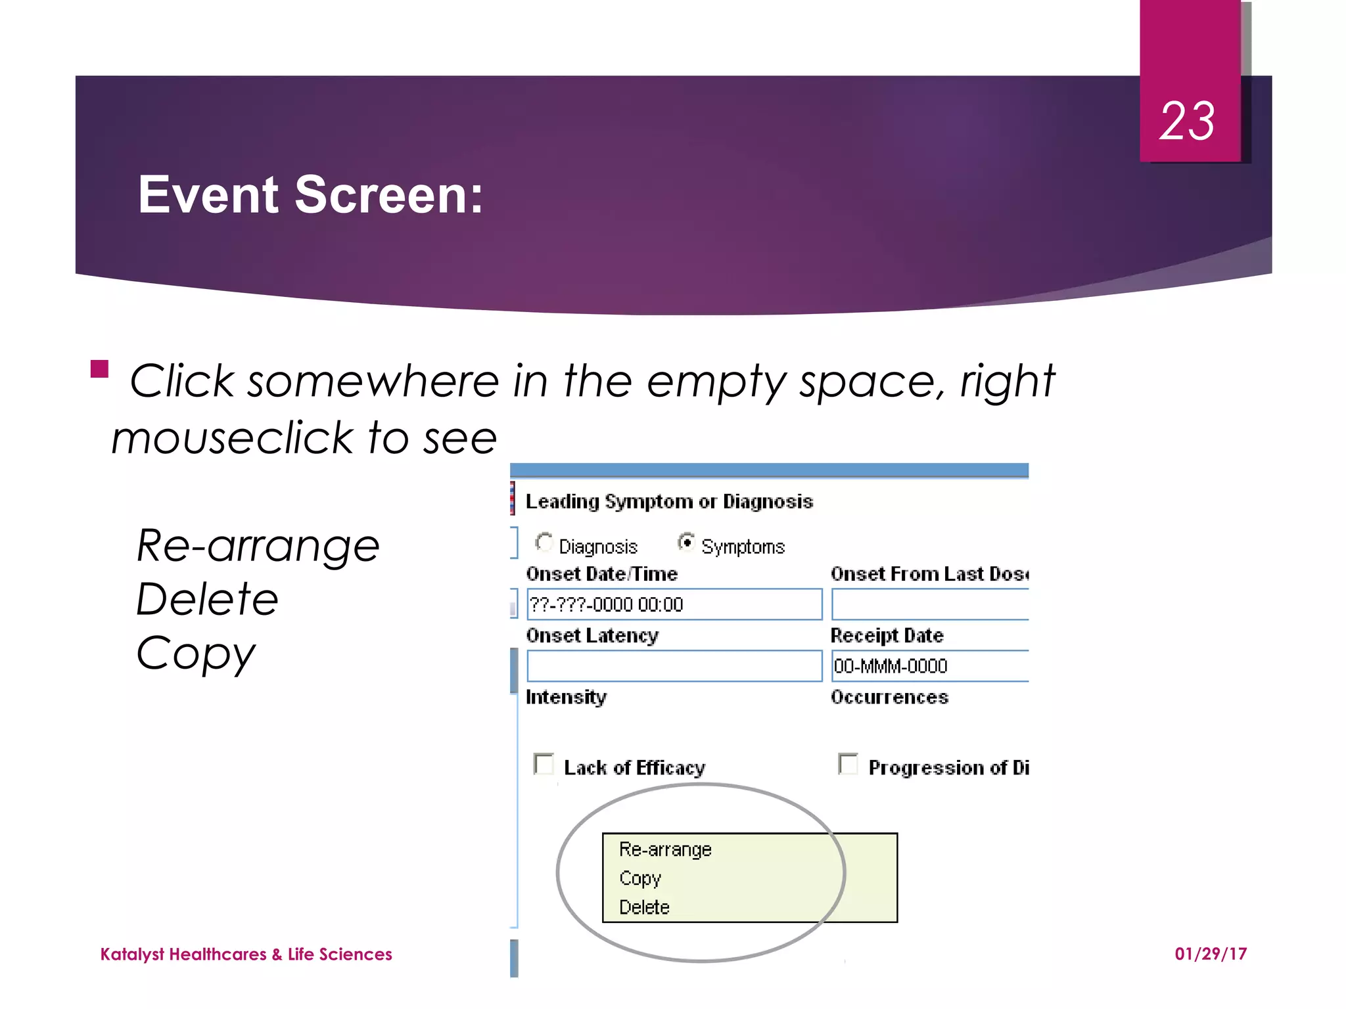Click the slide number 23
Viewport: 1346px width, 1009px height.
click(x=1187, y=122)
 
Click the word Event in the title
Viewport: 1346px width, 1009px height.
click(x=209, y=195)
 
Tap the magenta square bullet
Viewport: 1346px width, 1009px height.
click(x=99, y=369)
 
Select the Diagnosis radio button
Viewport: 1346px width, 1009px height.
click(x=544, y=543)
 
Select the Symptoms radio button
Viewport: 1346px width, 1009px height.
click(x=686, y=543)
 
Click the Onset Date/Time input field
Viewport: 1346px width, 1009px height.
click(x=674, y=604)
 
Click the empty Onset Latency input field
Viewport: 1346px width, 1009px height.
click(x=674, y=666)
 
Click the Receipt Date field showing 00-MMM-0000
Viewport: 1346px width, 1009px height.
click(x=928, y=666)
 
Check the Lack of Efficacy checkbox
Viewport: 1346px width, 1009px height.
click(x=544, y=764)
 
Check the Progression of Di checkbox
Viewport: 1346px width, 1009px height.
click(x=848, y=764)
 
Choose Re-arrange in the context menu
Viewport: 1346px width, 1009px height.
click(x=665, y=849)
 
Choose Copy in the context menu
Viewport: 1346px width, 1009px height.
click(x=639, y=878)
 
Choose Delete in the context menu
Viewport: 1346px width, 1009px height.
click(x=644, y=907)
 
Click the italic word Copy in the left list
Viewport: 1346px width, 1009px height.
click(x=195, y=654)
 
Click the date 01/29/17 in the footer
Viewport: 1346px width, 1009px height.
click(x=1211, y=954)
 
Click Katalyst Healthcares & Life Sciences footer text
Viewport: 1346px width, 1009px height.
click(x=246, y=954)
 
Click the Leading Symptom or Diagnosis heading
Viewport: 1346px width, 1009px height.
click(x=669, y=502)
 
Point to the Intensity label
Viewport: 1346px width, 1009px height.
click(x=566, y=697)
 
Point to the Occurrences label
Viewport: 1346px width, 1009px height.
click(x=889, y=697)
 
